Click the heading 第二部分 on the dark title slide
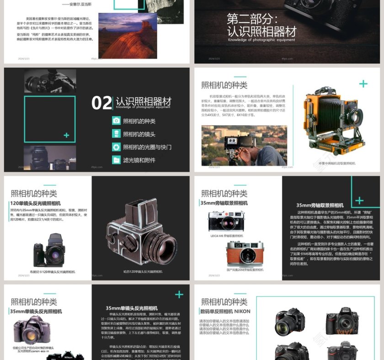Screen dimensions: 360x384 pyautogui.click(x=252, y=19)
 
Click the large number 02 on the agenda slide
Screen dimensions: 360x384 pyautogui.click(x=101, y=103)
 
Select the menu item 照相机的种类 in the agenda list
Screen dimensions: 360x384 pyautogui.click(x=139, y=121)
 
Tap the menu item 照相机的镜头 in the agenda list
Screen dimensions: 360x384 pyautogui.click(x=139, y=134)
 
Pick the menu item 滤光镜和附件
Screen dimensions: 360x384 pyautogui.click(x=139, y=160)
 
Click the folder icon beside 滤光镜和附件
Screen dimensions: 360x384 pyautogui.click(x=116, y=160)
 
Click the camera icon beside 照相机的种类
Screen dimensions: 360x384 pyautogui.click(x=116, y=121)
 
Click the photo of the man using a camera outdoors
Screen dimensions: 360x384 pyautogui.click(x=244, y=145)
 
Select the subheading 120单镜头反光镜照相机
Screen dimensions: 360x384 pyautogui.click(x=35, y=203)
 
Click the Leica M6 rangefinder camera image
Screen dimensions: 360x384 pyautogui.click(x=226, y=221)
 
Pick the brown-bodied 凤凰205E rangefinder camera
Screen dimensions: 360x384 pyautogui.click(x=245, y=254)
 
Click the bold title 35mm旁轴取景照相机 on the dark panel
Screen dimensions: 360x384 pyautogui.click(x=320, y=205)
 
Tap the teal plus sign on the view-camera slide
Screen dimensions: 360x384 pyautogui.click(x=363, y=84)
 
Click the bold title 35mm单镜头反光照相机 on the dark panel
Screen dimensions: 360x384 pyautogui.click(x=132, y=308)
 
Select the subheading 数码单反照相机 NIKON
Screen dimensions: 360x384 pyautogui.click(x=225, y=312)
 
